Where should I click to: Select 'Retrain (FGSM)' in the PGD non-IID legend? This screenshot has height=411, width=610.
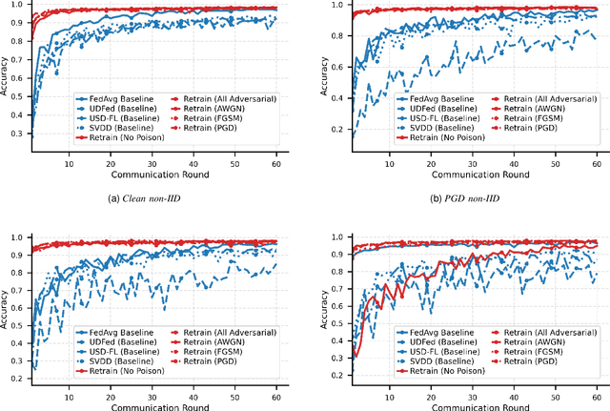[x=525, y=119]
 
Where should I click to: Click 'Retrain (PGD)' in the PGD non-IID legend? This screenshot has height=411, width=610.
[x=523, y=129]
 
